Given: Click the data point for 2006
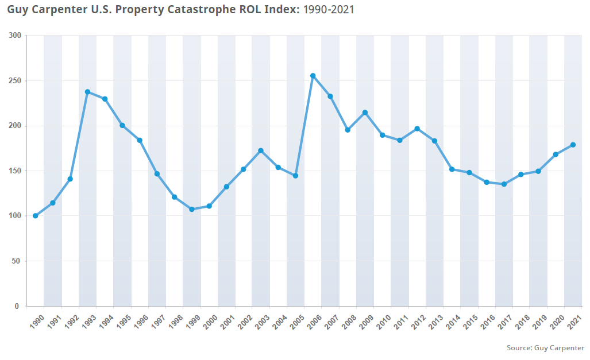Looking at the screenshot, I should [313, 76].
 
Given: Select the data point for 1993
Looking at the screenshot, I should [87, 92].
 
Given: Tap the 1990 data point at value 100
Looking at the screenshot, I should [36, 216].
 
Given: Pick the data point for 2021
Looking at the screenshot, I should [573, 145].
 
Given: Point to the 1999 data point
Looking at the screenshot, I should [192, 210].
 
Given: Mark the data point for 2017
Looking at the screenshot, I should [504, 184].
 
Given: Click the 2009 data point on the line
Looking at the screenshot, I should [365, 113].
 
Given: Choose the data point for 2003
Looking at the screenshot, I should [261, 151].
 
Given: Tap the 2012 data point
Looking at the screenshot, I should [417, 129].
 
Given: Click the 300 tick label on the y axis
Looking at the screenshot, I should [15, 36].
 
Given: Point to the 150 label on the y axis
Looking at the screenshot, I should [15, 171].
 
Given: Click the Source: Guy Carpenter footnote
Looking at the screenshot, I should [545, 348].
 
